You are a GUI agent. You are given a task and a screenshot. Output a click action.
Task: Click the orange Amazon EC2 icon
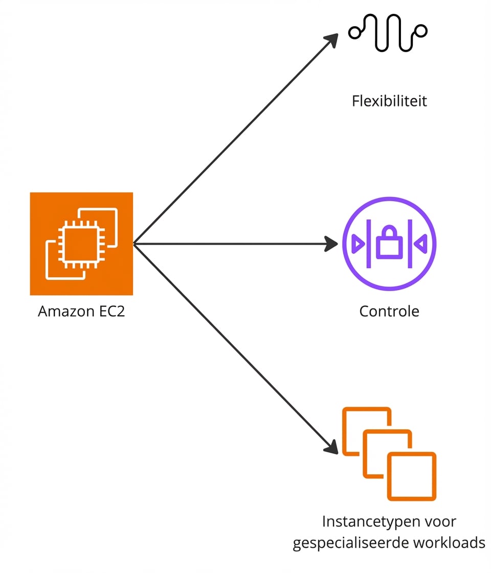81,244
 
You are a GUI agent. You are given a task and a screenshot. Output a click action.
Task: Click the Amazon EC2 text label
81,311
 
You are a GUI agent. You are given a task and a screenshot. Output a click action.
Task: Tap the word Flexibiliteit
389,101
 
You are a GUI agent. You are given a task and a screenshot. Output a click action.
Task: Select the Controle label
389,311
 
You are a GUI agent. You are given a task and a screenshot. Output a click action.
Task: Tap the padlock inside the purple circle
390,244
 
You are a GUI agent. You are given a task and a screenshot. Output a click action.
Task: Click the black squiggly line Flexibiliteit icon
388,33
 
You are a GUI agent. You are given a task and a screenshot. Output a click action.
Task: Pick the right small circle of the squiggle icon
421,31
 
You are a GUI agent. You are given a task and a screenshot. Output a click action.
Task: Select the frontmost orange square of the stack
411,476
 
